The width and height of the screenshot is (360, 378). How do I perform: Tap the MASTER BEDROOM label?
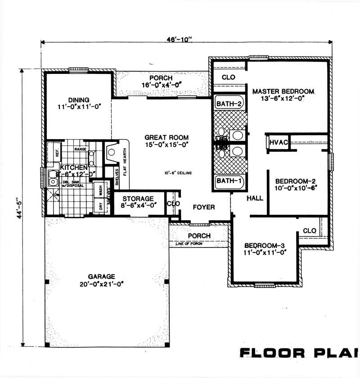[x=283, y=91]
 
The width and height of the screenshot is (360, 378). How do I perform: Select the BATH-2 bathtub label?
[x=229, y=104]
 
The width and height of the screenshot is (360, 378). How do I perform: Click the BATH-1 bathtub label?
[x=229, y=182]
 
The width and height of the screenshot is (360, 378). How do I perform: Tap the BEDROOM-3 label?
[x=265, y=246]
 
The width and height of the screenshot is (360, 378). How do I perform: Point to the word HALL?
[x=255, y=198]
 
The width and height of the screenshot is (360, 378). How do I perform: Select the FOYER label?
[x=204, y=207]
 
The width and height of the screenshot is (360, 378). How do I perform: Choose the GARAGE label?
[x=102, y=276]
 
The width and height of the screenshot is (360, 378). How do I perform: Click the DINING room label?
[x=79, y=100]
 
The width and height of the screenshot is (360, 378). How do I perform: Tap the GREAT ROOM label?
[x=166, y=137]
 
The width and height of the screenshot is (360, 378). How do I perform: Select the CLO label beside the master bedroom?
[x=229, y=77]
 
